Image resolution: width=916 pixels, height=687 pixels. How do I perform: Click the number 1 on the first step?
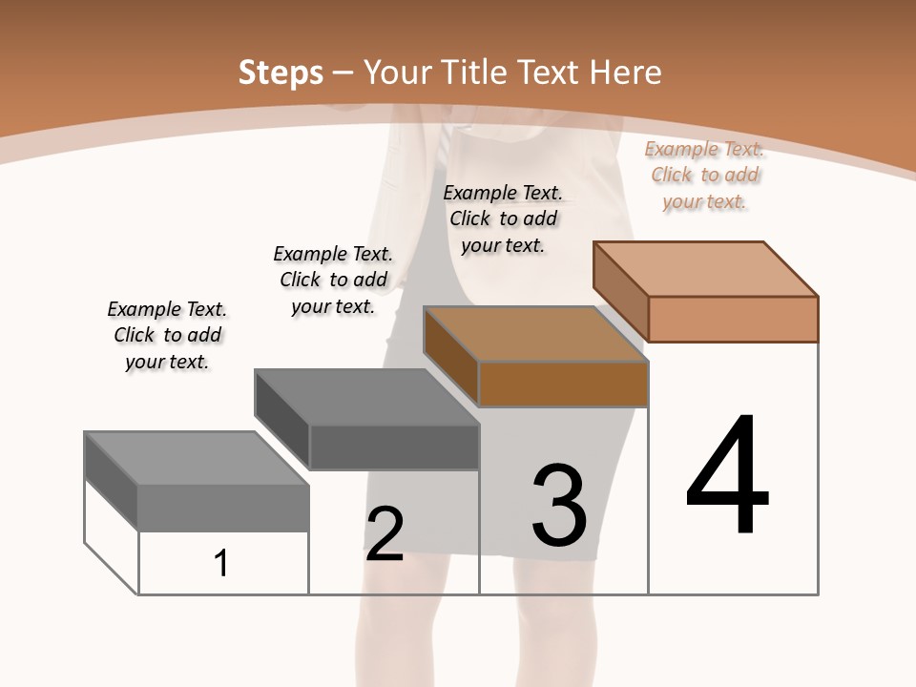221,563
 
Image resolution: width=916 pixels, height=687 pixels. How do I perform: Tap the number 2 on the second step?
385,534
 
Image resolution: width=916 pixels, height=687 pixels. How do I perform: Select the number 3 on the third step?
559,506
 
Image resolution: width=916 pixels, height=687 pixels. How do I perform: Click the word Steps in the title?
281,73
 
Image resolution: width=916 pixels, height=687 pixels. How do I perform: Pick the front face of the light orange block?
733,319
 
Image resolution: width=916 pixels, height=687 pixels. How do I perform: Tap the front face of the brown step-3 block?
563,385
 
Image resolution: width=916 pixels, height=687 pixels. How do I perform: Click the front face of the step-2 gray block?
394,447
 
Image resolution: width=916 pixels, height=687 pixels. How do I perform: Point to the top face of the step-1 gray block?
197,458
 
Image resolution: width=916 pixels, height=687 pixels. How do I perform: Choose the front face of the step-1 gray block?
223,508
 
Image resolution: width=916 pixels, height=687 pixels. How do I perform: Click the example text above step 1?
167,335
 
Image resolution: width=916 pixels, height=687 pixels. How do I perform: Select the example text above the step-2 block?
333,280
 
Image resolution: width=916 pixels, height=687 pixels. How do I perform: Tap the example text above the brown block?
503,219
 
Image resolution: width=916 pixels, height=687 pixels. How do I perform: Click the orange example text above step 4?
704,175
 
